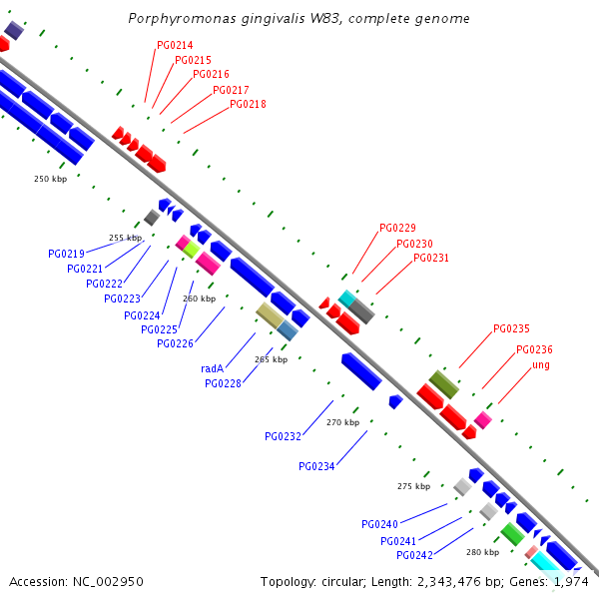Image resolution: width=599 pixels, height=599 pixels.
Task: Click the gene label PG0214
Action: tap(175, 46)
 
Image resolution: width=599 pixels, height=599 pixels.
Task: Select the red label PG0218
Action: tap(248, 104)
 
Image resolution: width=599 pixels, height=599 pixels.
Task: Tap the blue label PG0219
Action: tap(66, 254)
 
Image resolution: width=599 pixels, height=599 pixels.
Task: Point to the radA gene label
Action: tap(212, 368)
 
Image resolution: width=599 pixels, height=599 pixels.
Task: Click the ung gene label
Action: tap(541, 365)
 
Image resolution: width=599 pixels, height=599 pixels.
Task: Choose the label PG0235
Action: tap(511, 328)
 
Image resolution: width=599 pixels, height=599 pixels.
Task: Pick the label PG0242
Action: tap(415, 555)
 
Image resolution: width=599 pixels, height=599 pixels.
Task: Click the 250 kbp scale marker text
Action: tap(51, 179)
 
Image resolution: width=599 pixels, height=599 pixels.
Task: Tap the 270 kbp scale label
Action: tap(343, 422)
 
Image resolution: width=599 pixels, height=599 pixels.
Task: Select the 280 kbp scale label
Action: tap(483, 552)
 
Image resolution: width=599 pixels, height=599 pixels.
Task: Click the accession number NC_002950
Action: tap(108, 582)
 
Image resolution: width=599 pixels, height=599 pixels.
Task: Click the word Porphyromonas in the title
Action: tap(182, 19)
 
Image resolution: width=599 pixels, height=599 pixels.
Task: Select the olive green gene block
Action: tap(444, 384)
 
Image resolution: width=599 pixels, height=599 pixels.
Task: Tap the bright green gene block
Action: tap(513, 534)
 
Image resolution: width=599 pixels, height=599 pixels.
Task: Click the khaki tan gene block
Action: tap(271, 315)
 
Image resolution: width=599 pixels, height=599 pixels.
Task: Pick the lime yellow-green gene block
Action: tap(192, 250)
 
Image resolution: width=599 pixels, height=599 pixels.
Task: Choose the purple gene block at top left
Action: tap(14, 30)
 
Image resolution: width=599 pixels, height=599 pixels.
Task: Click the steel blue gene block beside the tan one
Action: tap(288, 330)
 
